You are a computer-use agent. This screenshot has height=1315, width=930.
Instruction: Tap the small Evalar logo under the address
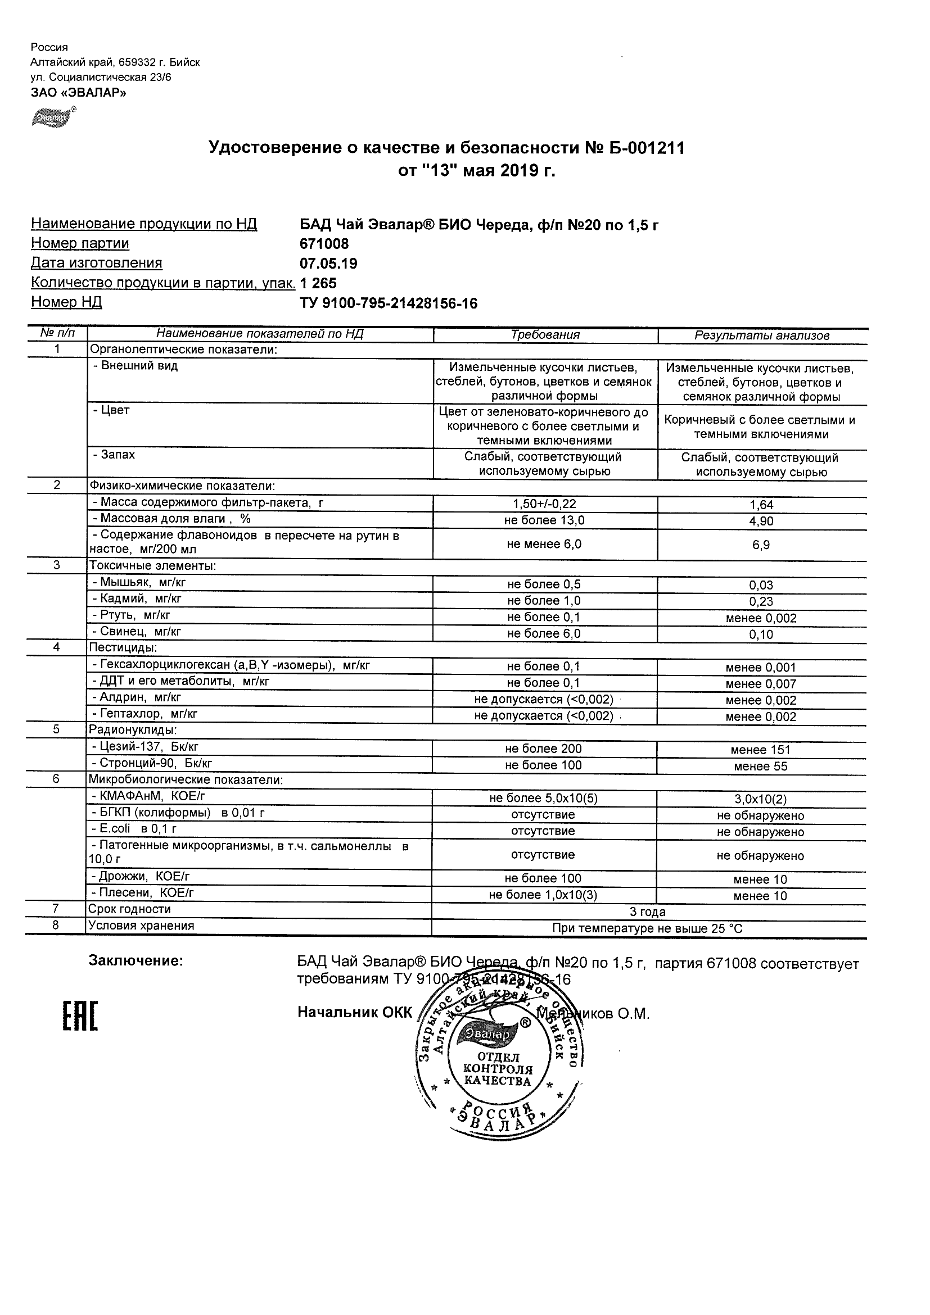53,117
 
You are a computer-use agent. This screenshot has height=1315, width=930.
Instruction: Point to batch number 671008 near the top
324,244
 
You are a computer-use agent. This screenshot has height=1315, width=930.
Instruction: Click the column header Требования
545,335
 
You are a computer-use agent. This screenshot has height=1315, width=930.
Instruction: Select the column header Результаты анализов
761,335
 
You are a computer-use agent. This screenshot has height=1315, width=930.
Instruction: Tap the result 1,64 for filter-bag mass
761,505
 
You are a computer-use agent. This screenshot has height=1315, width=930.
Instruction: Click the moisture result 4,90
761,521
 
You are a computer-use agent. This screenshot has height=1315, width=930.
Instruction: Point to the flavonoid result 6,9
761,545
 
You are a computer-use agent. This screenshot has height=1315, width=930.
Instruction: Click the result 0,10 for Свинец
761,634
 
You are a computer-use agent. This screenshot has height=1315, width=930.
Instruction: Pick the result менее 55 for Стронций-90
760,767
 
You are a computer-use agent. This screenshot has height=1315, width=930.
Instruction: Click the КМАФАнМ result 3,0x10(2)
760,799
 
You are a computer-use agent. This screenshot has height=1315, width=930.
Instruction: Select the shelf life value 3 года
648,912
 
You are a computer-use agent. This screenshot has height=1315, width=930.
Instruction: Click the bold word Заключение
136,961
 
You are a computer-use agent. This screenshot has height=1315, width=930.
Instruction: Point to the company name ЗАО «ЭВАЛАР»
79,92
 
